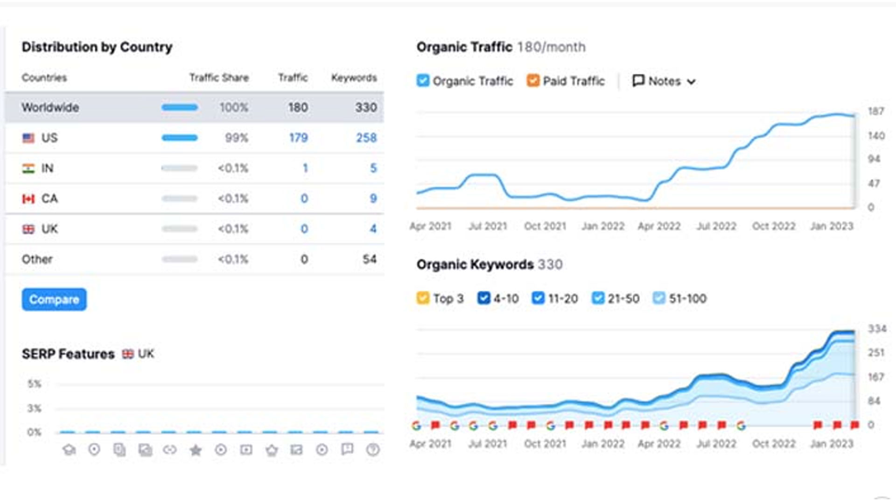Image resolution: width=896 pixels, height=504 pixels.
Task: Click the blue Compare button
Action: (54, 299)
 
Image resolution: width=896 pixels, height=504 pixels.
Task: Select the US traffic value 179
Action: (298, 138)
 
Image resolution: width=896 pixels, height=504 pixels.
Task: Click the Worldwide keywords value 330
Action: (366, 107)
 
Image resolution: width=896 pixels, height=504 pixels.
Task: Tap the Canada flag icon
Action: (28, 199)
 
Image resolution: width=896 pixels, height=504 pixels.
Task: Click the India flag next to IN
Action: (28, 168)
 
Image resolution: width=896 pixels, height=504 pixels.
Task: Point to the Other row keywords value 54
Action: (369, 259)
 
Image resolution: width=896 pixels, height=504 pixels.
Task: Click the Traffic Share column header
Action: (219, 77)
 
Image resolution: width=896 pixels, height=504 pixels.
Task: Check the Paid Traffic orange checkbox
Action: (532, 81)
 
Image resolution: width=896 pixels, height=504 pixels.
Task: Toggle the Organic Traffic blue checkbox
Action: (423, 81)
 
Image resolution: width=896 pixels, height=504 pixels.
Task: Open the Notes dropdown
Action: (664, 81)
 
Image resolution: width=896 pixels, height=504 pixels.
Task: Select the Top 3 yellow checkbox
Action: (423, 298)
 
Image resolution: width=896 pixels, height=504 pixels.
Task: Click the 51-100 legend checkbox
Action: (658, 298)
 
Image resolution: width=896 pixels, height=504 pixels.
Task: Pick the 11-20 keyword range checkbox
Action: (538, 298)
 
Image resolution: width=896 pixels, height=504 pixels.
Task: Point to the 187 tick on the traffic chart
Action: (875, 111)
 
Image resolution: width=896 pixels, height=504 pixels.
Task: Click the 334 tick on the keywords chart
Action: (876, 329)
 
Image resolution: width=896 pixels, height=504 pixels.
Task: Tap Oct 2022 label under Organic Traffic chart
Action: (773, 226)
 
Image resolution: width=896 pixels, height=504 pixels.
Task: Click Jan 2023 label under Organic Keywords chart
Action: (831, 444)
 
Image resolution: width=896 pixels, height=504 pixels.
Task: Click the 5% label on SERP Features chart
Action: (34, 384)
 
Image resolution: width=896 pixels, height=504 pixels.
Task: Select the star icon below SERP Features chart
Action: (196, 450)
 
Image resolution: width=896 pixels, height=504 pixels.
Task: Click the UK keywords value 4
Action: (373, 229)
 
